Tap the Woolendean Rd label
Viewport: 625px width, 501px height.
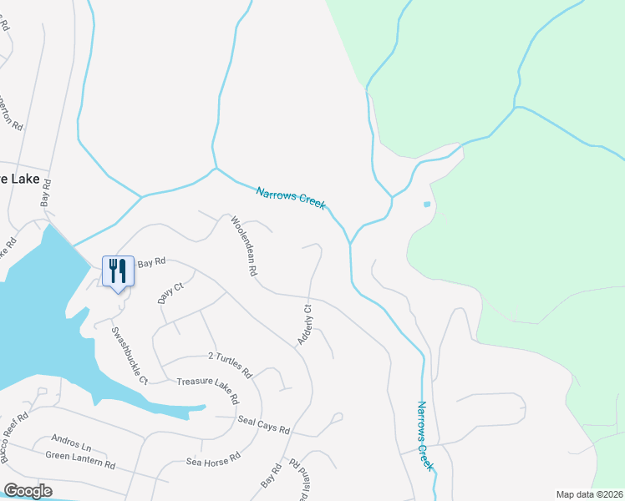pyautogui.click(x=243, y=247)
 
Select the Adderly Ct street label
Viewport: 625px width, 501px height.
pyautogui.click(x=304, y=325)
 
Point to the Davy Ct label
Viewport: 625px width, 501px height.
pyautogui.click(x=170, y=294)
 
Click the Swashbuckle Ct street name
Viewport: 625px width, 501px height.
pyautogui.click(x=130, y=354)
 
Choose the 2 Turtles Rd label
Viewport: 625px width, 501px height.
pyautogui.click(x=230, y=362)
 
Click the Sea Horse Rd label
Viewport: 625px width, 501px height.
pyautogui.click(x=213, y=459)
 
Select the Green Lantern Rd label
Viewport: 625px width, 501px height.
pyautogui.click(x=80, y=458)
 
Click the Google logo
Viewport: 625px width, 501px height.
pyautogui.click(x=28, y=491)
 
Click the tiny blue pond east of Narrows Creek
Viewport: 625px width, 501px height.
pyautogui.click(x=427, y=204)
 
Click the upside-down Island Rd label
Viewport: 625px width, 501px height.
pyautogui.click(x=297, y=479)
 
